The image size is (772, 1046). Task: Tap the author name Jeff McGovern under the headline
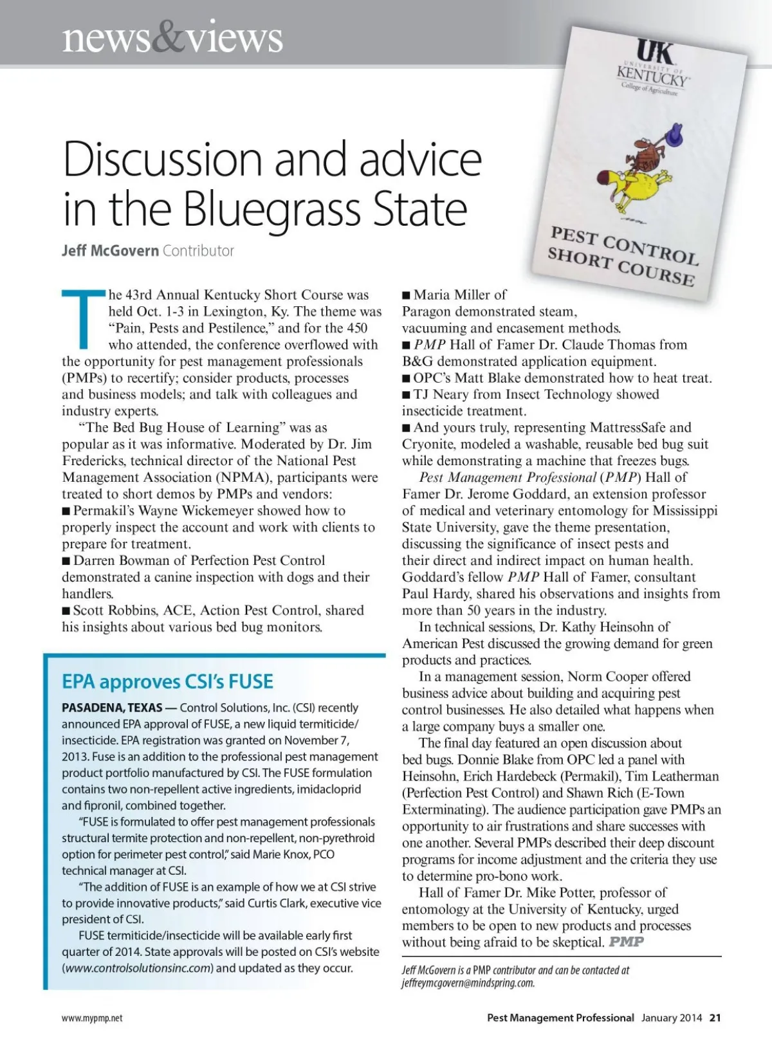[x=110, y=251]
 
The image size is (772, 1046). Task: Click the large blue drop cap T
[x=82, y=319]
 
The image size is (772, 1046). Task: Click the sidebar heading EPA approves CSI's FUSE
[x=167, y=681]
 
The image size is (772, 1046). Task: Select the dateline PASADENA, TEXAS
[x=112, y=708]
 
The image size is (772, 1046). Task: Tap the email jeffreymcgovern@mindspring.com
[x=468, y=983]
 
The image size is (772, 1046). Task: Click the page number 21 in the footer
[x=715, y=1018]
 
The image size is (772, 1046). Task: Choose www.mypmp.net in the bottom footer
[x=92, y=1018]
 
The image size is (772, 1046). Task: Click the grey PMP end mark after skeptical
[x=627, y=942]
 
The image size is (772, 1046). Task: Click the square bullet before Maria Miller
[x=406, y=295]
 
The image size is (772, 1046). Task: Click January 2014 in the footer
[x=671, y=1018]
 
